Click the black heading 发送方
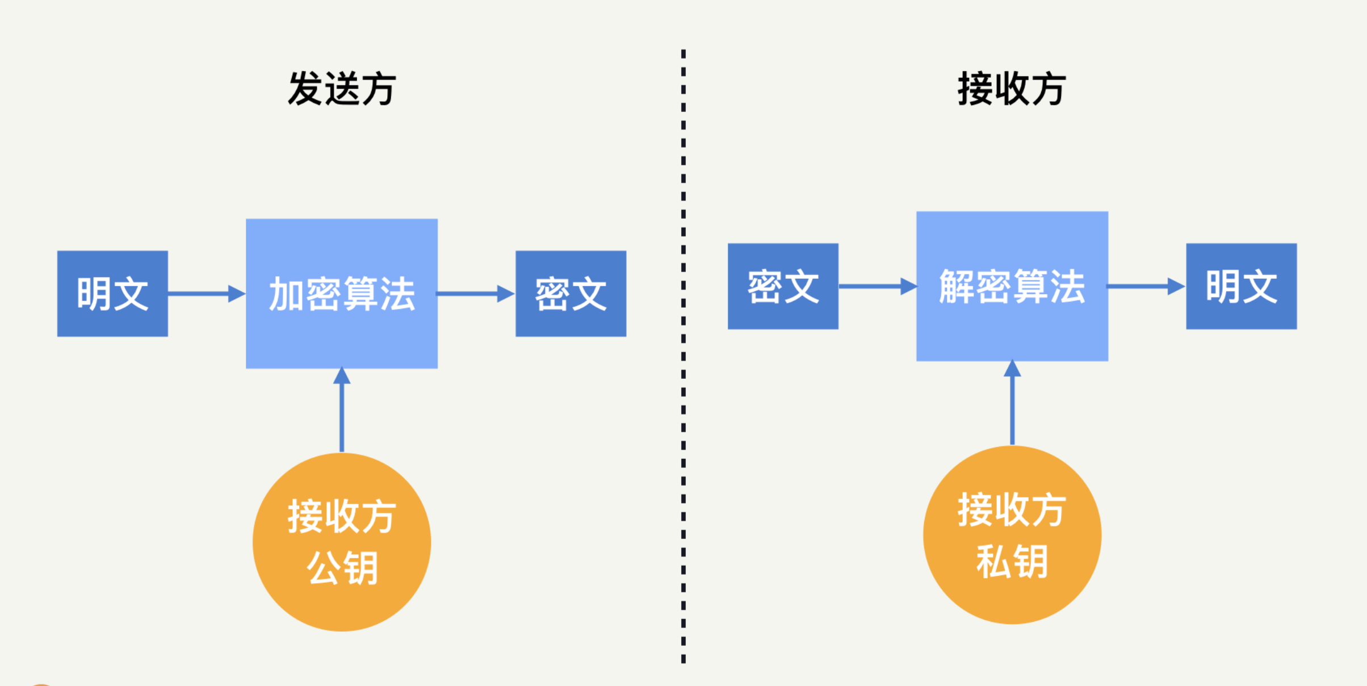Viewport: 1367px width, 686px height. (x=342, y=89)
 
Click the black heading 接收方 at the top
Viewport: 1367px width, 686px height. (x=1012, y=89)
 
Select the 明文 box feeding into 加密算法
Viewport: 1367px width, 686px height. (x=112, y=294)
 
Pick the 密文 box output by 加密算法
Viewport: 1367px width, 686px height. (x=571, y=294)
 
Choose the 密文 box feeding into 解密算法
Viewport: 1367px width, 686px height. (x=783, y=286)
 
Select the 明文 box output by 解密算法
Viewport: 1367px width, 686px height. (x=1241, y=286)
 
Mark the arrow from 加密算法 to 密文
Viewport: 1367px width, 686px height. (x=475, y=294)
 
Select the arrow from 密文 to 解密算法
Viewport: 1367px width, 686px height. (x=877, y=286)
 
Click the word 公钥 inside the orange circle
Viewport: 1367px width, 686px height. (x=342, y=568)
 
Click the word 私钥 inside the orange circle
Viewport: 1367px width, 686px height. (x=1012, y=561)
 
